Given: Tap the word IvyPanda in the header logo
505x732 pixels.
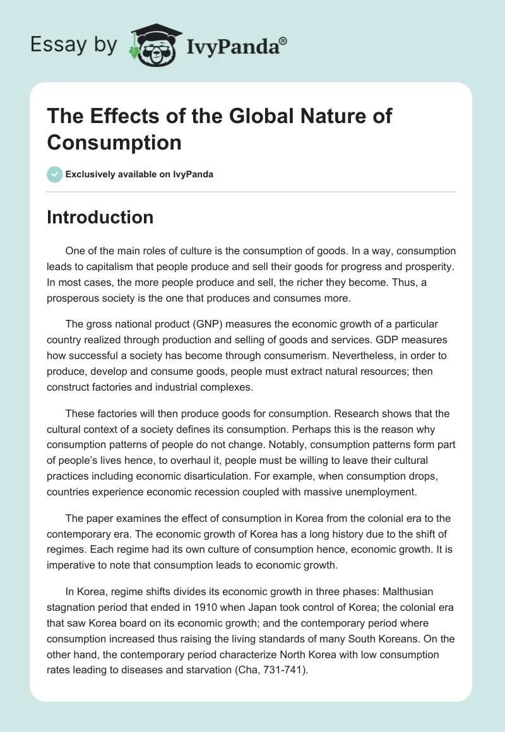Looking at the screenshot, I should [x=232, y=46].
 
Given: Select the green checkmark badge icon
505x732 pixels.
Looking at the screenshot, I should [x=55, y=174].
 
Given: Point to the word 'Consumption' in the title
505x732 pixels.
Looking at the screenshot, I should [x=114, y=142].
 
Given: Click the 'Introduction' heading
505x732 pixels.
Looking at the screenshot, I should [x=100, y=218].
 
